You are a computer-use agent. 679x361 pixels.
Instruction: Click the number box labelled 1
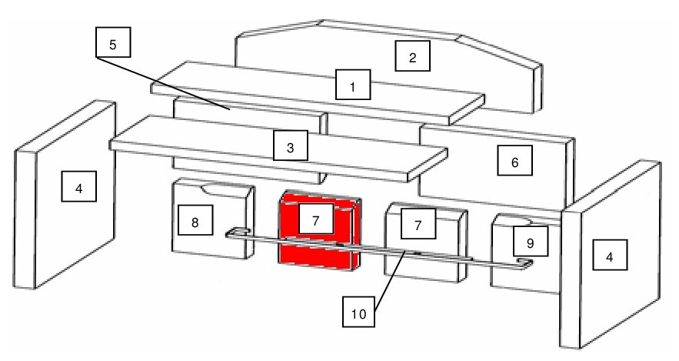pyautogui.click(x=353, y=85)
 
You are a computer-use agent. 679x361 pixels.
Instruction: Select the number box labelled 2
pyautogui.click(x=412, y=56)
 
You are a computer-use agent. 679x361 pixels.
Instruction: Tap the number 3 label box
pyautogui.click(x=291, y=145)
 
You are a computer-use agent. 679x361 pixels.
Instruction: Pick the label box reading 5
pyautogui.click(x=113, y=42)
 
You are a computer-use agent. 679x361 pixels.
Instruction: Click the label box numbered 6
pyautogui.click(x=514, y=160)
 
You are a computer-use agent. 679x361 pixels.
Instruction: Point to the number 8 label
pyautogui.click(x=195, y=219)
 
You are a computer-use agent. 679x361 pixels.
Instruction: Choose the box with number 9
pyautogui.click(x=531, y=241)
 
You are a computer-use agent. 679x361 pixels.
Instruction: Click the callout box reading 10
pyautogui.click(x=358, y=312)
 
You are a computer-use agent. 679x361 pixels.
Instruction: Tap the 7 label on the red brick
pyautogui.click(x=316, y=219)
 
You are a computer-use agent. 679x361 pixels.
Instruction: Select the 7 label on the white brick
pyautogui.click(x=418, y=223)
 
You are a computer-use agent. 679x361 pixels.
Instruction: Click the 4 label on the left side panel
pyautogui.click(x=78, y=186)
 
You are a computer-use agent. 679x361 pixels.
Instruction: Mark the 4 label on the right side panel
pyautogui.click(x=610, y=255)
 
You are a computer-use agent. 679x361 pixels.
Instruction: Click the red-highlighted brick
pyautogui.click(x=320, y=231)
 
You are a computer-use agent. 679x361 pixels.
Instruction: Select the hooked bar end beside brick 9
pyautogui.click(x=524, y=263)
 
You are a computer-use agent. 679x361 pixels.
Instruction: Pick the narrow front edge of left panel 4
pyautogui.click(x=25, y=219)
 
